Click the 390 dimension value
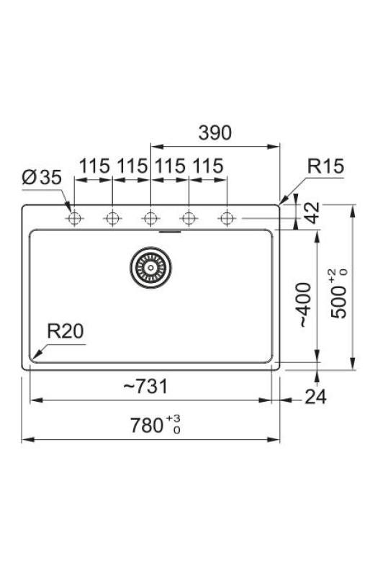tap(215, 132)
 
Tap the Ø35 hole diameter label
tap(42, 178)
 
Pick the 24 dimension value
tap(316, 396)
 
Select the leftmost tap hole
tap(73, 218)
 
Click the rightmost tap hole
tap(227, 218)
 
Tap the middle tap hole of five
tap(150, 218)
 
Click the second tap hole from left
tap(112, 218)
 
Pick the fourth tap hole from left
tap(189, 218)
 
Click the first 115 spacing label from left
tap(94, 166)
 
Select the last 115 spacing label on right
tap(207, 166)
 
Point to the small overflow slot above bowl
tap(169, 232)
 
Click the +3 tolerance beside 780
tap(174, 417)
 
